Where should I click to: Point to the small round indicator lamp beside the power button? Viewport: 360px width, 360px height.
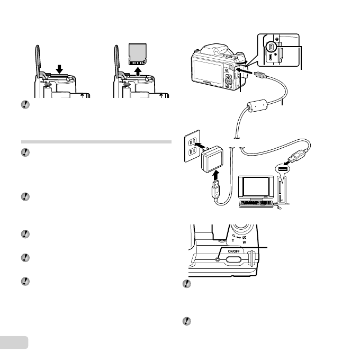click(x=218, y=259)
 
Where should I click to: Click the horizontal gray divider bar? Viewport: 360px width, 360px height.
click(x=96, y=142)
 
